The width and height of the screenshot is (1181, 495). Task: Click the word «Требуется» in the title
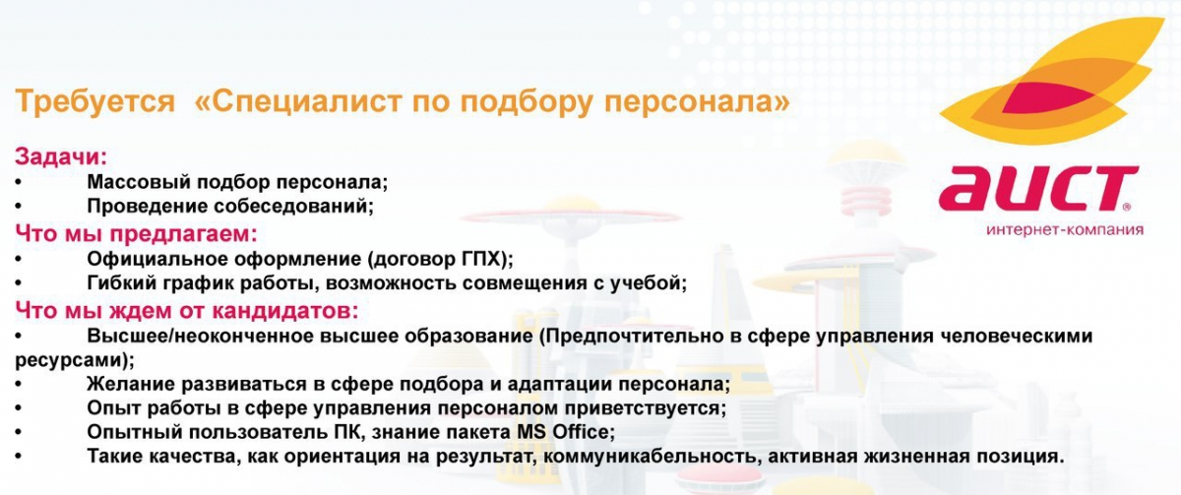(x=94, y=101)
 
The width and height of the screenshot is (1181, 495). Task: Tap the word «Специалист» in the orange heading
(x=306, y=101)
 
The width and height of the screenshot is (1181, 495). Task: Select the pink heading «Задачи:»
(x=61, y=157)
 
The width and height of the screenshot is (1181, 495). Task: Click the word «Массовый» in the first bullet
(x=139, y=182)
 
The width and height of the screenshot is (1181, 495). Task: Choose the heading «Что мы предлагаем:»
(x=136, y=234)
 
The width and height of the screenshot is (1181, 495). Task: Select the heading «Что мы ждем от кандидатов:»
(x=187, y=311)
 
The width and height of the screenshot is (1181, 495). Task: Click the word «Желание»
(x=131, y=384)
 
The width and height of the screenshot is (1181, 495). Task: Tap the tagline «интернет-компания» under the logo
(x=1065, y=230)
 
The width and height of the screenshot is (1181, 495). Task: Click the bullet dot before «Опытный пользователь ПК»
(x=19, y=432)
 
